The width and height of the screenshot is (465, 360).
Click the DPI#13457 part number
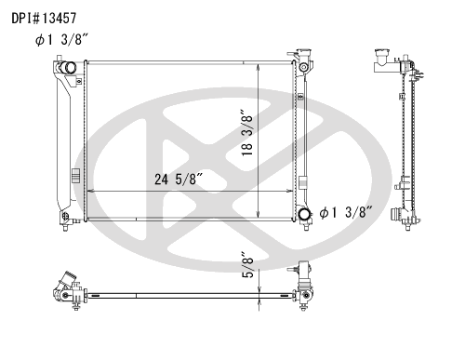[x=44, y=19]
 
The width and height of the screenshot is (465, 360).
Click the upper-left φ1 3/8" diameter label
[x=61, y=40]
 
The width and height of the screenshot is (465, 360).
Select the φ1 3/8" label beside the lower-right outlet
[x=346, y=212]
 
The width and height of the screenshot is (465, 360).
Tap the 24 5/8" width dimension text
[x=179, y=180]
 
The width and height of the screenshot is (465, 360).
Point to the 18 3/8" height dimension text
[x=247, y=132]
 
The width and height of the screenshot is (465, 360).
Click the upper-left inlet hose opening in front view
[x=69, y=68]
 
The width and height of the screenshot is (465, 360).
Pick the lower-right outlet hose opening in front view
[x=304, y=214]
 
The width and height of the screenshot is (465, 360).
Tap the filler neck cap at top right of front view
[x=304, y=51]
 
